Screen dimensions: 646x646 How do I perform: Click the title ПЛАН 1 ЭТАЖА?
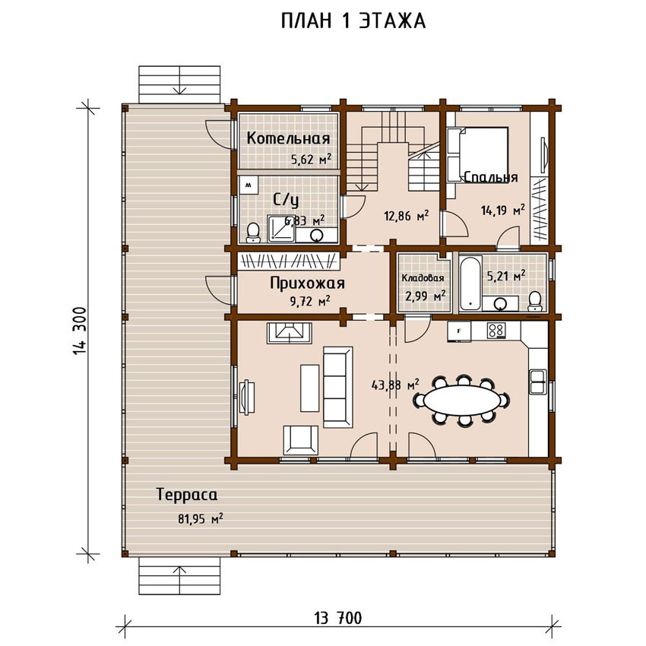(x=353, y=21)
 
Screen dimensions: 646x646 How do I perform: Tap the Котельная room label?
(x=288, y=138)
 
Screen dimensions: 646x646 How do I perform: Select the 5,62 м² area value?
(x=311, y=159)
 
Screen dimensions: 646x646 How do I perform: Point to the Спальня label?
(x=491, y=177)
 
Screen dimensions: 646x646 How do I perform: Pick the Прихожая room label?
(x=307, y=283)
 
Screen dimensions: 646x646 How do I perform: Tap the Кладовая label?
(x=423, y=278)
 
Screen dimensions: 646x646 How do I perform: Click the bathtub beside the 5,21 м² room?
(x=470, y=284)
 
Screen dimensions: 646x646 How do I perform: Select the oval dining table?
(x=463, y=399)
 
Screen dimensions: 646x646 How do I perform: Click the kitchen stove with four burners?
(x=496, y=331)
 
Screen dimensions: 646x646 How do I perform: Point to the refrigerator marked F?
(x=459, y=331)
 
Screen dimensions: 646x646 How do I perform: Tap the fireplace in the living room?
(x=290, y=333)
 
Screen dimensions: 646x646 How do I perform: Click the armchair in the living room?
(x=300, y=440)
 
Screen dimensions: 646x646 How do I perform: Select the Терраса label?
(x=187, y=495)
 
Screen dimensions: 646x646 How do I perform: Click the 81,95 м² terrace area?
(x=200, y=518)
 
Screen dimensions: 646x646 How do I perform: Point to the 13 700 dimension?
(x=338, y=618)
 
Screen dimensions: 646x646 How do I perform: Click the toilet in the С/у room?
(x=253, y=233)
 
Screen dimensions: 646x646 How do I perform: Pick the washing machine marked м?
(x=249, y=185)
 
